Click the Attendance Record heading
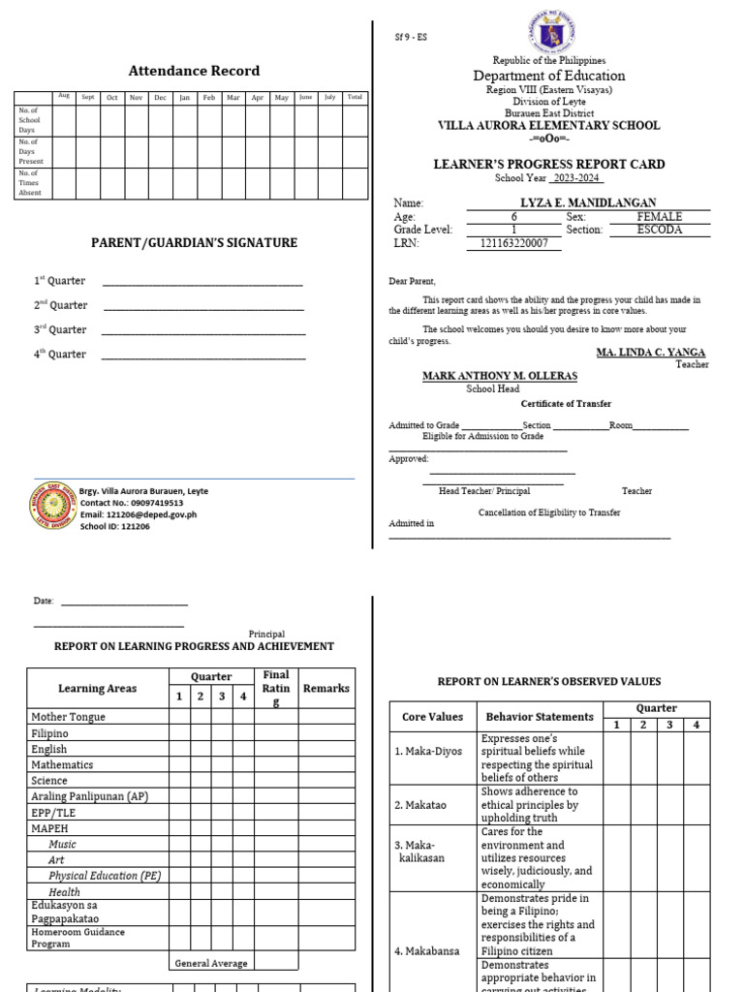pyautogui.click(x=194, y=71)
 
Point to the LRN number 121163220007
pyautogui.click(x=520, y=243)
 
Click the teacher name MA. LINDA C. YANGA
pyautogui.click(x=650, y=352)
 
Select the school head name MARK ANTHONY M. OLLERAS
pyautogui.click(x=499, y=375)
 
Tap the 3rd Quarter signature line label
pyautogui.click(x=61, y=329)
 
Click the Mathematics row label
pyautogui.click(x=62, y=764)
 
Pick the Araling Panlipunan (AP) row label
pyautogui.click(x=89, y=795)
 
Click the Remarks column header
pyautogui.click(x=325, y=689)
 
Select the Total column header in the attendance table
pyautogui.click(x=356, y=97)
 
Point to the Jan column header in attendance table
pyautogui.click(x=184, y=97)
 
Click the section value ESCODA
pyautogui.click(x=659, y=230)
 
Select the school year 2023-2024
pyautogui.click(x=576, y=178)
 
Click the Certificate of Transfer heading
pyautogui.click(x=566, y=404)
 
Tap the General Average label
pyautogui.click(x=211, y=963)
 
